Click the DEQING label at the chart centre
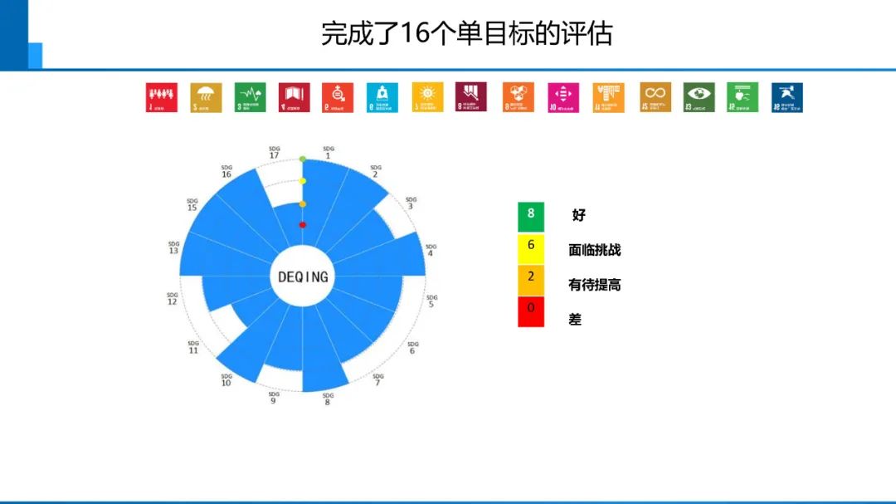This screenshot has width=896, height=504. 303,276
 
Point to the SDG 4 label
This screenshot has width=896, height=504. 430,249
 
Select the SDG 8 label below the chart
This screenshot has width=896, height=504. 328,399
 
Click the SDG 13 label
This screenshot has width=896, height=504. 173,247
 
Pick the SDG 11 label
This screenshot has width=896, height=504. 193,347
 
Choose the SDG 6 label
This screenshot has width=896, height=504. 411,347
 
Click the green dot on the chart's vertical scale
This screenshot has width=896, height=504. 303,159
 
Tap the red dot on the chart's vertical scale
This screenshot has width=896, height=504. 303,225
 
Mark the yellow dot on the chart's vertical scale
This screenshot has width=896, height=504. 303,181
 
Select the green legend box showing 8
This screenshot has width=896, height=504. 531,216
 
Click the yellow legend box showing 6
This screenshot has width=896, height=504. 531,247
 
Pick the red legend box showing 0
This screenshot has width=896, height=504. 531,311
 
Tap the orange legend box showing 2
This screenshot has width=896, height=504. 531,280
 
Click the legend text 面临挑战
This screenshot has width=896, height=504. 594,250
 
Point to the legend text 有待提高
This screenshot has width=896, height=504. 594,285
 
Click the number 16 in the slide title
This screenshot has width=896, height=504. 412,34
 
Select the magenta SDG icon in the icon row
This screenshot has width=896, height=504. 563,97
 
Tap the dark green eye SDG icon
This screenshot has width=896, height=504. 699,97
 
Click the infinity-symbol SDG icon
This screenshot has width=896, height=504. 655,97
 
